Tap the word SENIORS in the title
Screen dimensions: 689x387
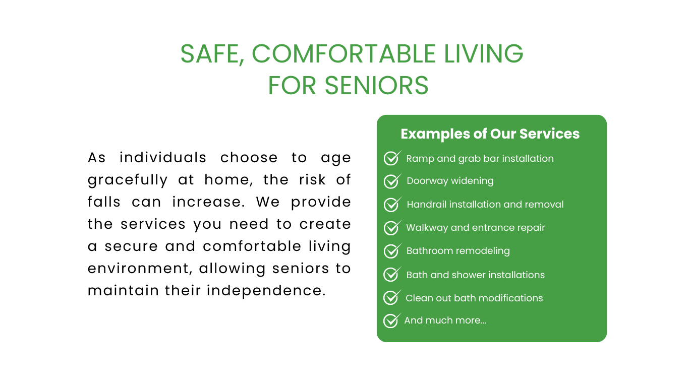(x=376, y=86)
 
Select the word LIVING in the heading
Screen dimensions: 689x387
(x=484, y=54)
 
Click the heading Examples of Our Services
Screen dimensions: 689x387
(x=490, y=134)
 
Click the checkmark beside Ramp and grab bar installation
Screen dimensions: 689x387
(x=392, y=158)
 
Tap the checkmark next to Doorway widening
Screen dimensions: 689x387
(x=392, y=181)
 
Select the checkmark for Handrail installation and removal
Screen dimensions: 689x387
(x=392, y=204)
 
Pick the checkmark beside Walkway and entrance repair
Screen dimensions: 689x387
(x=392, y=227)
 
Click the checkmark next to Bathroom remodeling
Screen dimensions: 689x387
(x=392, y=251)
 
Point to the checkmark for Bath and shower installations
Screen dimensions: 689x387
(x=392, y=274)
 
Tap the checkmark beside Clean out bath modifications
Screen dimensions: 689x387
(x=392, y=297)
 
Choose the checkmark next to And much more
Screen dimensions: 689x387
(x=392, y=320)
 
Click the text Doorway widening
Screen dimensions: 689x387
(x=450, y=181)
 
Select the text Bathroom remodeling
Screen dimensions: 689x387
(x=458, y=251)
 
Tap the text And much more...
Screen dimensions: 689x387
(x=445, y=320)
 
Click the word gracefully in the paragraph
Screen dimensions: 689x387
(x=127, y=180)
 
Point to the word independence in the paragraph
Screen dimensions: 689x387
(x=266, y=291)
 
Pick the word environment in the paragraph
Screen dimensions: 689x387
(x=140, y=269)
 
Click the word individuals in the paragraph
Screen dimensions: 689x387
(x=163, y=158)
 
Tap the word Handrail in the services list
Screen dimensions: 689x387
(x=427, y=205)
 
